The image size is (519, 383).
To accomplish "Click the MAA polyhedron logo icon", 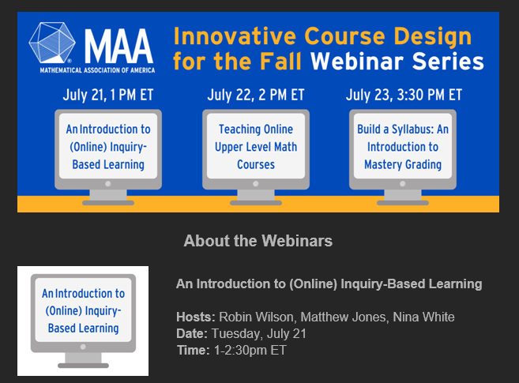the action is point(52,43).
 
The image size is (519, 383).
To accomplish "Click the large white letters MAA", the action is point(118,46).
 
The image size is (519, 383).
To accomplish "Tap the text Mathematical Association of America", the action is point(97,70).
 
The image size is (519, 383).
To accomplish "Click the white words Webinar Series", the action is point(397,62).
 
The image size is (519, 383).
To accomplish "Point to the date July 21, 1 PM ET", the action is point(108,95).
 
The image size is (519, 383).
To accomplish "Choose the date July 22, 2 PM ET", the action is point(255,95).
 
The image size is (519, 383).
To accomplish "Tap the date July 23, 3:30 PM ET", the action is point(404,95).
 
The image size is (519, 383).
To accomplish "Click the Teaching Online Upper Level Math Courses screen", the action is point(256,147).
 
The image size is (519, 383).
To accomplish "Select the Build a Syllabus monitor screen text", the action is point(403,147).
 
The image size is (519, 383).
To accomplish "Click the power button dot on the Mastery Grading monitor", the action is point(403,184).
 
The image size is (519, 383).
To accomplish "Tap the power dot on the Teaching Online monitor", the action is point(255,184).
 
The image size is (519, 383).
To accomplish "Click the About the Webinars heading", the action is point(258,240).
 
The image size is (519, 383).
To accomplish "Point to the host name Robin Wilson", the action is point(256,317).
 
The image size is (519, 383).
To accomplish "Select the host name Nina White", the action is point(423,317).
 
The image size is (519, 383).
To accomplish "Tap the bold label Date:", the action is point(192,333).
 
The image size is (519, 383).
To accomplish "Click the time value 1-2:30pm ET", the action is point(250,350).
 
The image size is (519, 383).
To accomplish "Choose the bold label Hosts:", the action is point(196,317).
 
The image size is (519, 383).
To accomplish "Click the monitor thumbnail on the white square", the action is point(83,321).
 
